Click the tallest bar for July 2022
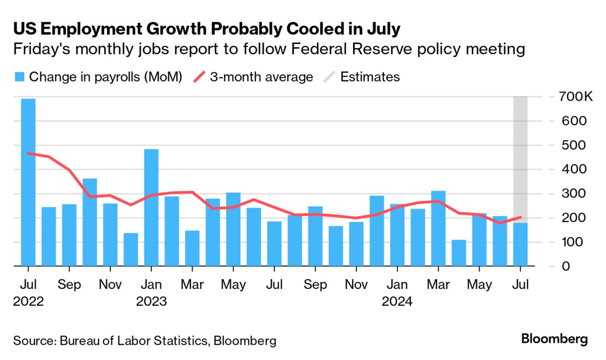click(x=28, y=182)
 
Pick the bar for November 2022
click(x=110, y=234)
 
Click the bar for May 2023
click(x=233, y=229)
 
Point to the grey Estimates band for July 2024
click(x=520, y=142)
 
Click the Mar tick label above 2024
click(x=438, y=285)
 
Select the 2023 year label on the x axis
click(x=151, y=301)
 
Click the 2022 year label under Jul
click(x=28, y=301)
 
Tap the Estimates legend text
click(x=370, y=77)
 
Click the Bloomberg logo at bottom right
click(x=554, y=339)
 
